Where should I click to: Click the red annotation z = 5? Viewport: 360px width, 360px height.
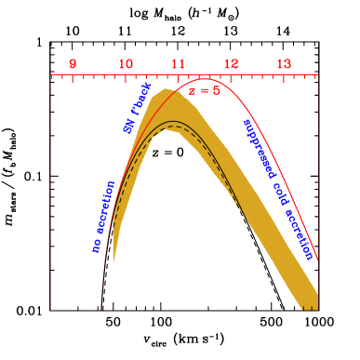point(204,90)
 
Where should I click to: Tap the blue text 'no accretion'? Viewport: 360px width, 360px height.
point(101,217)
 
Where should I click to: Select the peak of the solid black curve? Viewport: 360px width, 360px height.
point(167,121)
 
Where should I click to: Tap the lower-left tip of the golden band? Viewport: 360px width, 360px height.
point(113,261)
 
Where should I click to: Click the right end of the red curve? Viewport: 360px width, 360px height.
point(318,260)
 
